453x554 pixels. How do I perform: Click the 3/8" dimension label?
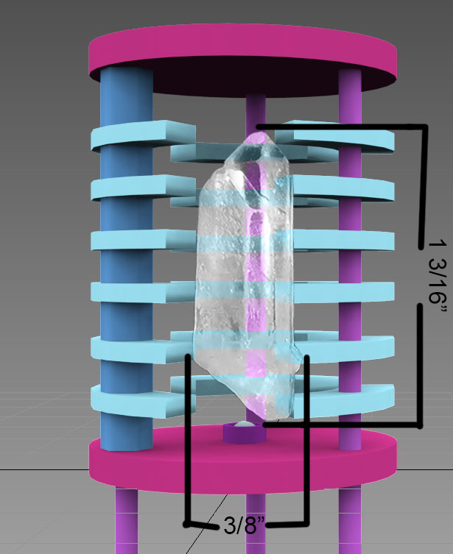[x=242, y=525]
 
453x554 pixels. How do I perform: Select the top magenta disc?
[x=242, y=54]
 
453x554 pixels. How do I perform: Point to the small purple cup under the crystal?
[x=243, y=433]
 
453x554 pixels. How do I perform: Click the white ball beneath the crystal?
[x=244, y=425]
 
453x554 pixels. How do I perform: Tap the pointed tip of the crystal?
[x=259, y=132]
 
